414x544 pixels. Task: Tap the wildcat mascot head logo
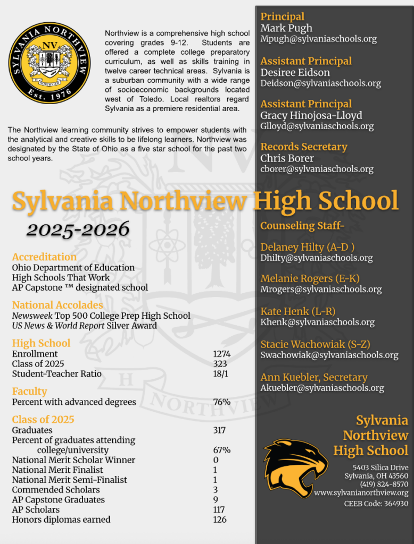coord(295,467)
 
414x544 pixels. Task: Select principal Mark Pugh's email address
coord(318,39)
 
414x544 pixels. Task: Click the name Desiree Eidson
coord(295,72)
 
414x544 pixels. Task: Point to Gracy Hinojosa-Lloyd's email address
coord(317,126)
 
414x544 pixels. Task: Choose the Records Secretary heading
coord(303,147)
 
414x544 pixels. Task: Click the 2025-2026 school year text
coord(78,229)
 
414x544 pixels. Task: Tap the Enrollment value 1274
coord(221,354)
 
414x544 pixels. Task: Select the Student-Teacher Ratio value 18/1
coord(221,373)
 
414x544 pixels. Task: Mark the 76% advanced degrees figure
coord(221,402)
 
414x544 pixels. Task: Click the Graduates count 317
coord(219,430)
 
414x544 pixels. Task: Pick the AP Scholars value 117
coord(219,509)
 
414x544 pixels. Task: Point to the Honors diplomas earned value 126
coord(219,520)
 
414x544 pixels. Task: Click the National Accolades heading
coord(57,305)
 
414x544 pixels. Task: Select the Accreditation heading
coord(44,257)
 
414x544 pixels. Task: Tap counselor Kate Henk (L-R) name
coord(297,311)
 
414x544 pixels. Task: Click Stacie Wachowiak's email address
coord(329,355)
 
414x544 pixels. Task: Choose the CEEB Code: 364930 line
coord(376,504)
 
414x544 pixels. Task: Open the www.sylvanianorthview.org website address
coord(361,493)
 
